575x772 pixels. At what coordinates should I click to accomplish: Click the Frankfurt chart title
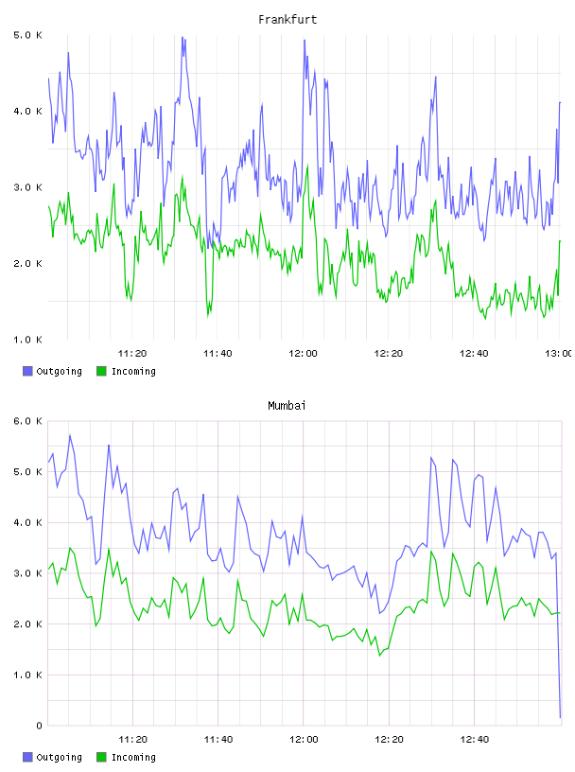coord(287,20)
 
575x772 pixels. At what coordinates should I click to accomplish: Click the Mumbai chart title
coord(287,406)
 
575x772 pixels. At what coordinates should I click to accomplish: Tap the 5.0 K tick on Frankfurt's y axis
coord(28,35)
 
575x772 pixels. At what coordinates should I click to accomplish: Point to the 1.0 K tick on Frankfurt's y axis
coord(28,340)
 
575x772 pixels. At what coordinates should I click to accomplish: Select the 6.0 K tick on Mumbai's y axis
coord(28,421)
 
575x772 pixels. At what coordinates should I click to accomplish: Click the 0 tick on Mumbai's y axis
coord(39,726)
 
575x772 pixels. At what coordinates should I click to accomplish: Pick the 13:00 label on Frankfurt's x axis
coord(558,354)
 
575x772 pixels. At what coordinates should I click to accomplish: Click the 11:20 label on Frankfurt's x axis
coord(132,354)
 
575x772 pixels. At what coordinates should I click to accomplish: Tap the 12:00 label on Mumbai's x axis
coord(304,740)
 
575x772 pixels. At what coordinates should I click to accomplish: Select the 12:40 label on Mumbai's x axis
coord(474,740)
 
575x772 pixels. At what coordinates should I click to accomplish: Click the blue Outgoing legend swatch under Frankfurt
coord(27,371)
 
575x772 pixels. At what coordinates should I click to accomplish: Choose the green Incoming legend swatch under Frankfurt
coord(101,371)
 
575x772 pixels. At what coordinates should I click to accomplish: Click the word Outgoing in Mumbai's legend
coord(59,757)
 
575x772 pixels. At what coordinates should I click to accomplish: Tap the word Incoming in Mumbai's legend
coord(133,757)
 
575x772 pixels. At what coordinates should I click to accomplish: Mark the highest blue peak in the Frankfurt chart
coord(183,37)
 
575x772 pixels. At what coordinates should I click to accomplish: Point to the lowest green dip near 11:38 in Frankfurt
coord(208,316)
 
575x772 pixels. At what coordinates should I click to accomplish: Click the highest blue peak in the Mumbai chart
coord(70,435)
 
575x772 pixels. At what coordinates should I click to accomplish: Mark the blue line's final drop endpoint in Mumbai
coord(560,717)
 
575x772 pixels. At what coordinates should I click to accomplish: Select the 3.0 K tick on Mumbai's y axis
coord(28,573)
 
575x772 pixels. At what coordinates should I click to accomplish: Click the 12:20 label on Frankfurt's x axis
coord(389,354)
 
